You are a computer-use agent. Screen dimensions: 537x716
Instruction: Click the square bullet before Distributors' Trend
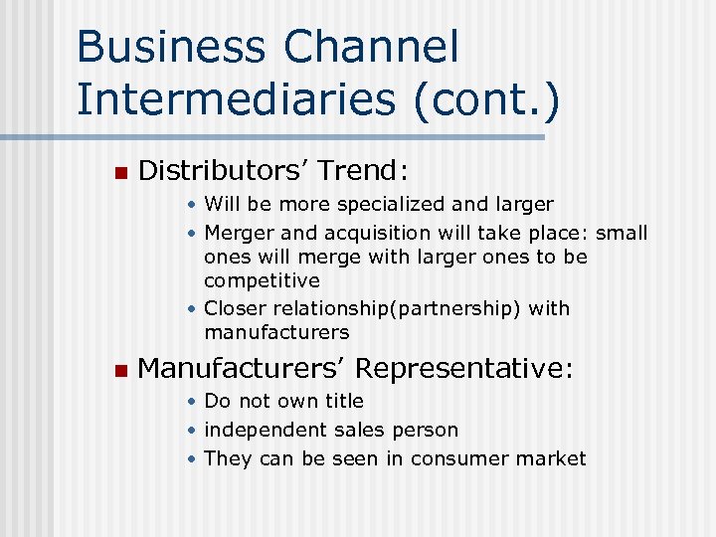coord(120,173)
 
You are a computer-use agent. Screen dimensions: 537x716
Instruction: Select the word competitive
coord(262,281)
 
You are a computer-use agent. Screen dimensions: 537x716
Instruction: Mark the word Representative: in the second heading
coord(464,369)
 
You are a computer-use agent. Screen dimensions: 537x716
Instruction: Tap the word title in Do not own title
coord(342,402)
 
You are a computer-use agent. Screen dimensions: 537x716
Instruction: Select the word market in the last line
coord(556,458)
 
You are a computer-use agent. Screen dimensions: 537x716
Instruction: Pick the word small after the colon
coord(623,234)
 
